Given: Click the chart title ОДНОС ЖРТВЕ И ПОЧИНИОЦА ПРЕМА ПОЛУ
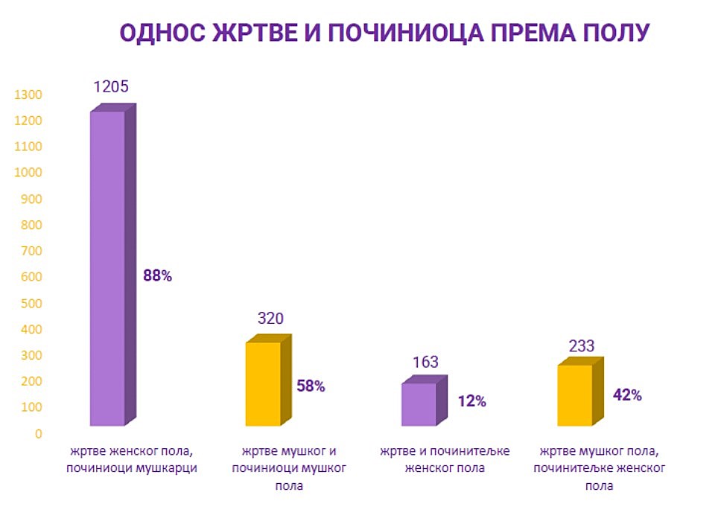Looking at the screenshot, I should point(385,33).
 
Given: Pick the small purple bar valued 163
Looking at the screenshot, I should point(419,404).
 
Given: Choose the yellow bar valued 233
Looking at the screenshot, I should point(576,395).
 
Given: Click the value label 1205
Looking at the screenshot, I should point(111,86).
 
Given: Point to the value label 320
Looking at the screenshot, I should point(270,319).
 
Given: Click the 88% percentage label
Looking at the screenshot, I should point(157,276).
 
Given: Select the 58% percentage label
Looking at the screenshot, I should point(311,386).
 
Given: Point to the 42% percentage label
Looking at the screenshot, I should point(627,395).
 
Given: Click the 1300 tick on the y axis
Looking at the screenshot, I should point(27,95).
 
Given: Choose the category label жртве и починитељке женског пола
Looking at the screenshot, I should point(442,460).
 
